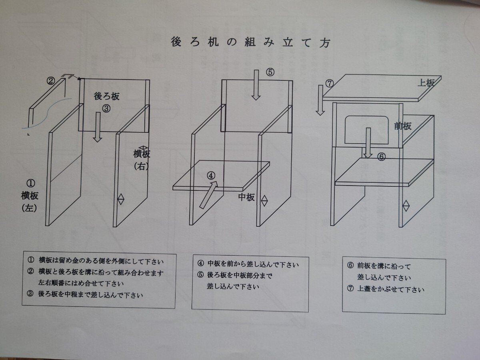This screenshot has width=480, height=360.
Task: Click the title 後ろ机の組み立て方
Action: point(250,42)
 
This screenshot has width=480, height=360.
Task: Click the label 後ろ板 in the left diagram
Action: point(106,96)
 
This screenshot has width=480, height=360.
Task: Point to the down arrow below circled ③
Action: point(97,127)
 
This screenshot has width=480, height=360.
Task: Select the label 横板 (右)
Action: point(142,159)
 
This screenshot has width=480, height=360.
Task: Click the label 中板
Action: point(246,198)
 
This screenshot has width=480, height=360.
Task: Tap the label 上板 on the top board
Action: point(425,83)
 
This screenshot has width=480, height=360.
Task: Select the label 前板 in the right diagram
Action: point(402,126)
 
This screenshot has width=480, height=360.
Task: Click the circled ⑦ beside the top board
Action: point(330,84)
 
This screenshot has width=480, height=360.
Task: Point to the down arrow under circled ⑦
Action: point(320,100)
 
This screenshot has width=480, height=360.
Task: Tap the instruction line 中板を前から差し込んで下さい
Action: point(248,264)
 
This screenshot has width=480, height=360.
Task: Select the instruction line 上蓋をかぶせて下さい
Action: point(386,289)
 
